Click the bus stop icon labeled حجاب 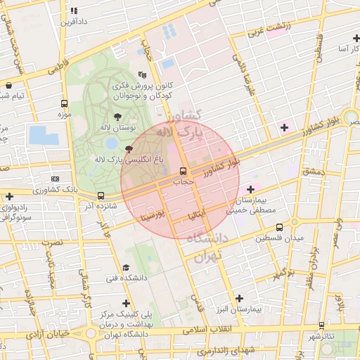[x=184, y=171]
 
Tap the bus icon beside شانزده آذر [x=101, y=196]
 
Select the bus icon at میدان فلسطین [x=280, y=227]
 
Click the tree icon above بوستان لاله [x=117, y=116]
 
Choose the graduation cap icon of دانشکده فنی [x=126, y=267]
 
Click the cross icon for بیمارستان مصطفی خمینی [x=250, y=189]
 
